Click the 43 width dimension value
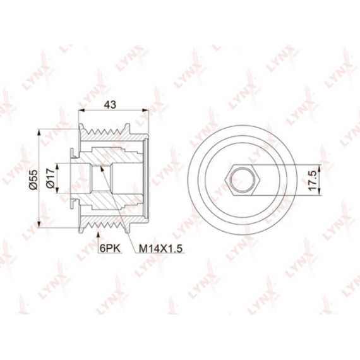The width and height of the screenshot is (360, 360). pyautogui.click(x=110, y=105)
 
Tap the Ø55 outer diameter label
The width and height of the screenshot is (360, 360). pyautogui.click(x=33, y=179)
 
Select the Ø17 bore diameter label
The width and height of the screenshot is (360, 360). pyautogui.click(x=51, y=178)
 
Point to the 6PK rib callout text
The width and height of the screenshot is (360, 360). pyautogui.click(x=110, y=248)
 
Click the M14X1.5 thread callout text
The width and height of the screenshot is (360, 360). pyautogui.click(x=160, y=248)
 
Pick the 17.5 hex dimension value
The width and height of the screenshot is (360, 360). pyautogui.click(x=313, y=180)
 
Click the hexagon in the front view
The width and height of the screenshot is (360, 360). pyautogui.click(x=243, y=180)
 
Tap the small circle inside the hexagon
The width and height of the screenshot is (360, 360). pyautogui.click(x=243, y=180)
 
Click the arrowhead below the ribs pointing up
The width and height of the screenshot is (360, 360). pyautogui.click(x=99, y=235)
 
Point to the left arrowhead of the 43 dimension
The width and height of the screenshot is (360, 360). pyautogui.click(x=81, y=111)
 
